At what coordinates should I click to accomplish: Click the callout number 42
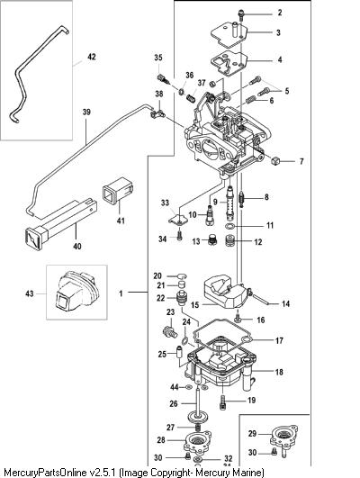(92, 57)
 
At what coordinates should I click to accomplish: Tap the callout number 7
(301, 161)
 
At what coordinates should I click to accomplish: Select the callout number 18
(279, 372)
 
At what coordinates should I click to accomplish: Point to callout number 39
(86, 112)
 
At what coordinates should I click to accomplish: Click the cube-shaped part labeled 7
(275, 160)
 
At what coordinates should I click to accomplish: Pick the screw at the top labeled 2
(241, 14)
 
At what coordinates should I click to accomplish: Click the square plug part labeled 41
(118, 191)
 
